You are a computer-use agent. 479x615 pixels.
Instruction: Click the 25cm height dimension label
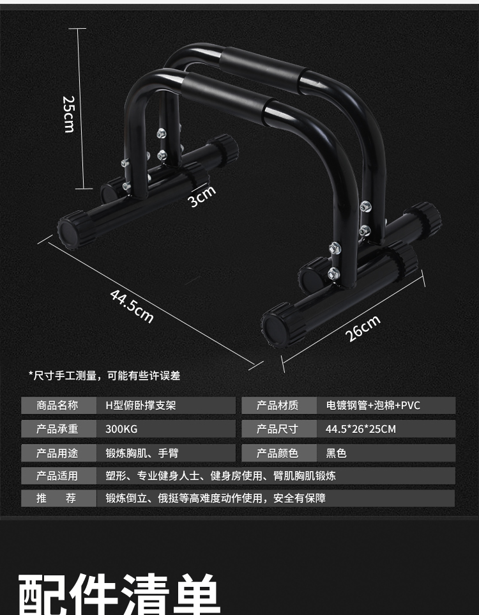click(x=68, y=114)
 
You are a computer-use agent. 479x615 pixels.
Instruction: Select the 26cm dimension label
click(x=363, y=329)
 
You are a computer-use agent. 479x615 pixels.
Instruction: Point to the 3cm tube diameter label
click(x=202, y=196)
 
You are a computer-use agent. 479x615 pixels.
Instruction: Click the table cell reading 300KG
click(x=121, y=429)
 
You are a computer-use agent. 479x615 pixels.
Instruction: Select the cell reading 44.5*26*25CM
click(x=361, y=429)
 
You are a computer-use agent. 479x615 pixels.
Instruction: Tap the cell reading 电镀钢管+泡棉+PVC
click(x=373, y=405)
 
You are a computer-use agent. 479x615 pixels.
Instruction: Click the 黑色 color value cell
click(x=337, y=453)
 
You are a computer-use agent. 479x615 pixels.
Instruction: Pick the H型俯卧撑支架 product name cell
click(x=141, y=405)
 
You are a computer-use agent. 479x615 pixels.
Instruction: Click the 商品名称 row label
click(x=57, y=405)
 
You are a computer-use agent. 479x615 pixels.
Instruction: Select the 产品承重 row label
click(x=57, y=429)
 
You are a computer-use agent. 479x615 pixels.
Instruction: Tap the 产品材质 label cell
click(x=277, y=405)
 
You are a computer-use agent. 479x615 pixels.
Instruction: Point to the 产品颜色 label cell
click(x=277, y=453)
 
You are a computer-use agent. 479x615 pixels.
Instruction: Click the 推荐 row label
click(x=57, y=498)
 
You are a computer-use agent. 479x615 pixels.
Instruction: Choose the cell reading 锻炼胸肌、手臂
click(x=142, y=453)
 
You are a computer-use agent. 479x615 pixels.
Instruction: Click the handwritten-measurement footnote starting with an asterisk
click(x=104, y=376)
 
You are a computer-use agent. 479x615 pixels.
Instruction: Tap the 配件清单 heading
click(x=120, y=593)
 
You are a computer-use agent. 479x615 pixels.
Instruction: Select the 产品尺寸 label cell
click(x=277, y=429)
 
